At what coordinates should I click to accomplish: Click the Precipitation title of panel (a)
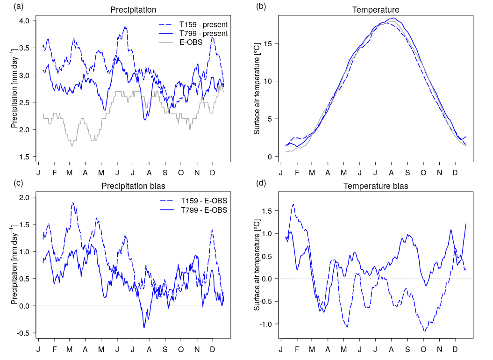click(133, 9)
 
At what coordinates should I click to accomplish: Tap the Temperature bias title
click(376, 186)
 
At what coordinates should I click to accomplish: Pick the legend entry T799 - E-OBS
click(204, 210)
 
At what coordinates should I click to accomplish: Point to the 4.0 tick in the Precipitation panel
click(24, 21)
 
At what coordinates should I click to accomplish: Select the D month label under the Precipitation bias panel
click(213, 349)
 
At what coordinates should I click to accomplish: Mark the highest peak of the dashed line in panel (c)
click(72, 202)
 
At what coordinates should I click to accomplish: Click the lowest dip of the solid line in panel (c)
click(144, 327)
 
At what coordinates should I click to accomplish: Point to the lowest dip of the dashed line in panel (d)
click(424, 331)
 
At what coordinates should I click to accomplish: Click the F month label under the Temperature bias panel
click(297, 349)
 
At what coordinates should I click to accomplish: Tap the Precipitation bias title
click(133, 186)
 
